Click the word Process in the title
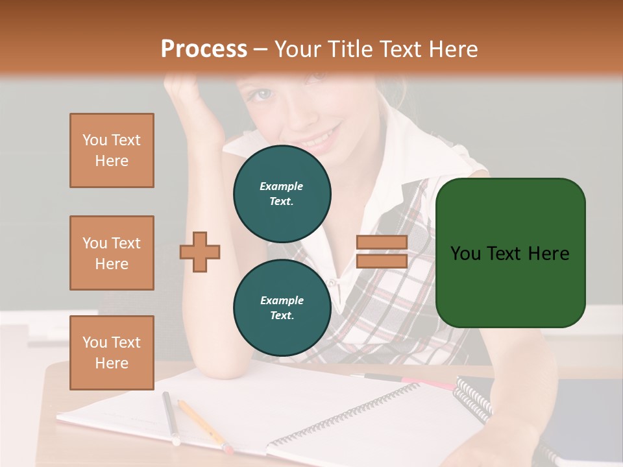click(x=204, y=49)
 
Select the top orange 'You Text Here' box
click(x=112, y=150)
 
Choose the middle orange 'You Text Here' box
click(x=112, y=253)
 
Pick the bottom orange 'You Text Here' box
click(x=112, y=352)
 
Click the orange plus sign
click(x=200, y=252)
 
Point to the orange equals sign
click(x=382, y=252)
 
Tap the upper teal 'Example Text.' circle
click(x=282, y=193)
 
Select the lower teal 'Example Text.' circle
click(x=282, y=307)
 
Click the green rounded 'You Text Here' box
click(x=510, y=252)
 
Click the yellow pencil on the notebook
click(x=204, y=425)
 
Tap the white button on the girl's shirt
click(x=334, y=283)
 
